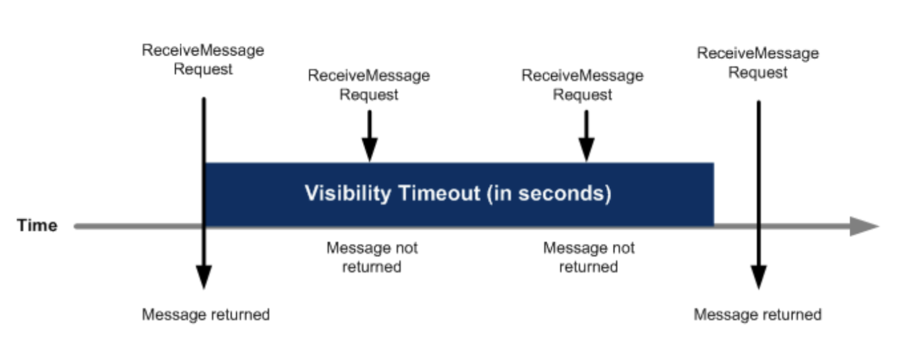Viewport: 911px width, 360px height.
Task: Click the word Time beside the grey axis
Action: [x=37, y=226]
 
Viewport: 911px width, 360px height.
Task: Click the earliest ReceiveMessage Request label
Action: [x=203, y=60]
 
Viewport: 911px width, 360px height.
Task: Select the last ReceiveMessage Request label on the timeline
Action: [x=758, y=62]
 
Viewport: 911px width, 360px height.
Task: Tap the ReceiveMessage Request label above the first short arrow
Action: [x=369, y=85]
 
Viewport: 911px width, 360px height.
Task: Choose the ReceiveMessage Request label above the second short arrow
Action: [x=582, y=85]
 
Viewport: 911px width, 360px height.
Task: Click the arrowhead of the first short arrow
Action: [x=370, y=149]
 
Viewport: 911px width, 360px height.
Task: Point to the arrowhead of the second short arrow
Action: [x=587, y=149]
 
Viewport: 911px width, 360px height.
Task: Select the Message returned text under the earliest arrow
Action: [x=206, y=314]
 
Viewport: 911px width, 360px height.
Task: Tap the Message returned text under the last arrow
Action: [x=757, y=314]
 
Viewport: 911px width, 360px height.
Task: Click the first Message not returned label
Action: [x=372, y=257]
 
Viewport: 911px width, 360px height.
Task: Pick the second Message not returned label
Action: [x=589, y=257]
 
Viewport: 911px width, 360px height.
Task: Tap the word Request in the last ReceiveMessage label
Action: [x=758, y=73]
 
